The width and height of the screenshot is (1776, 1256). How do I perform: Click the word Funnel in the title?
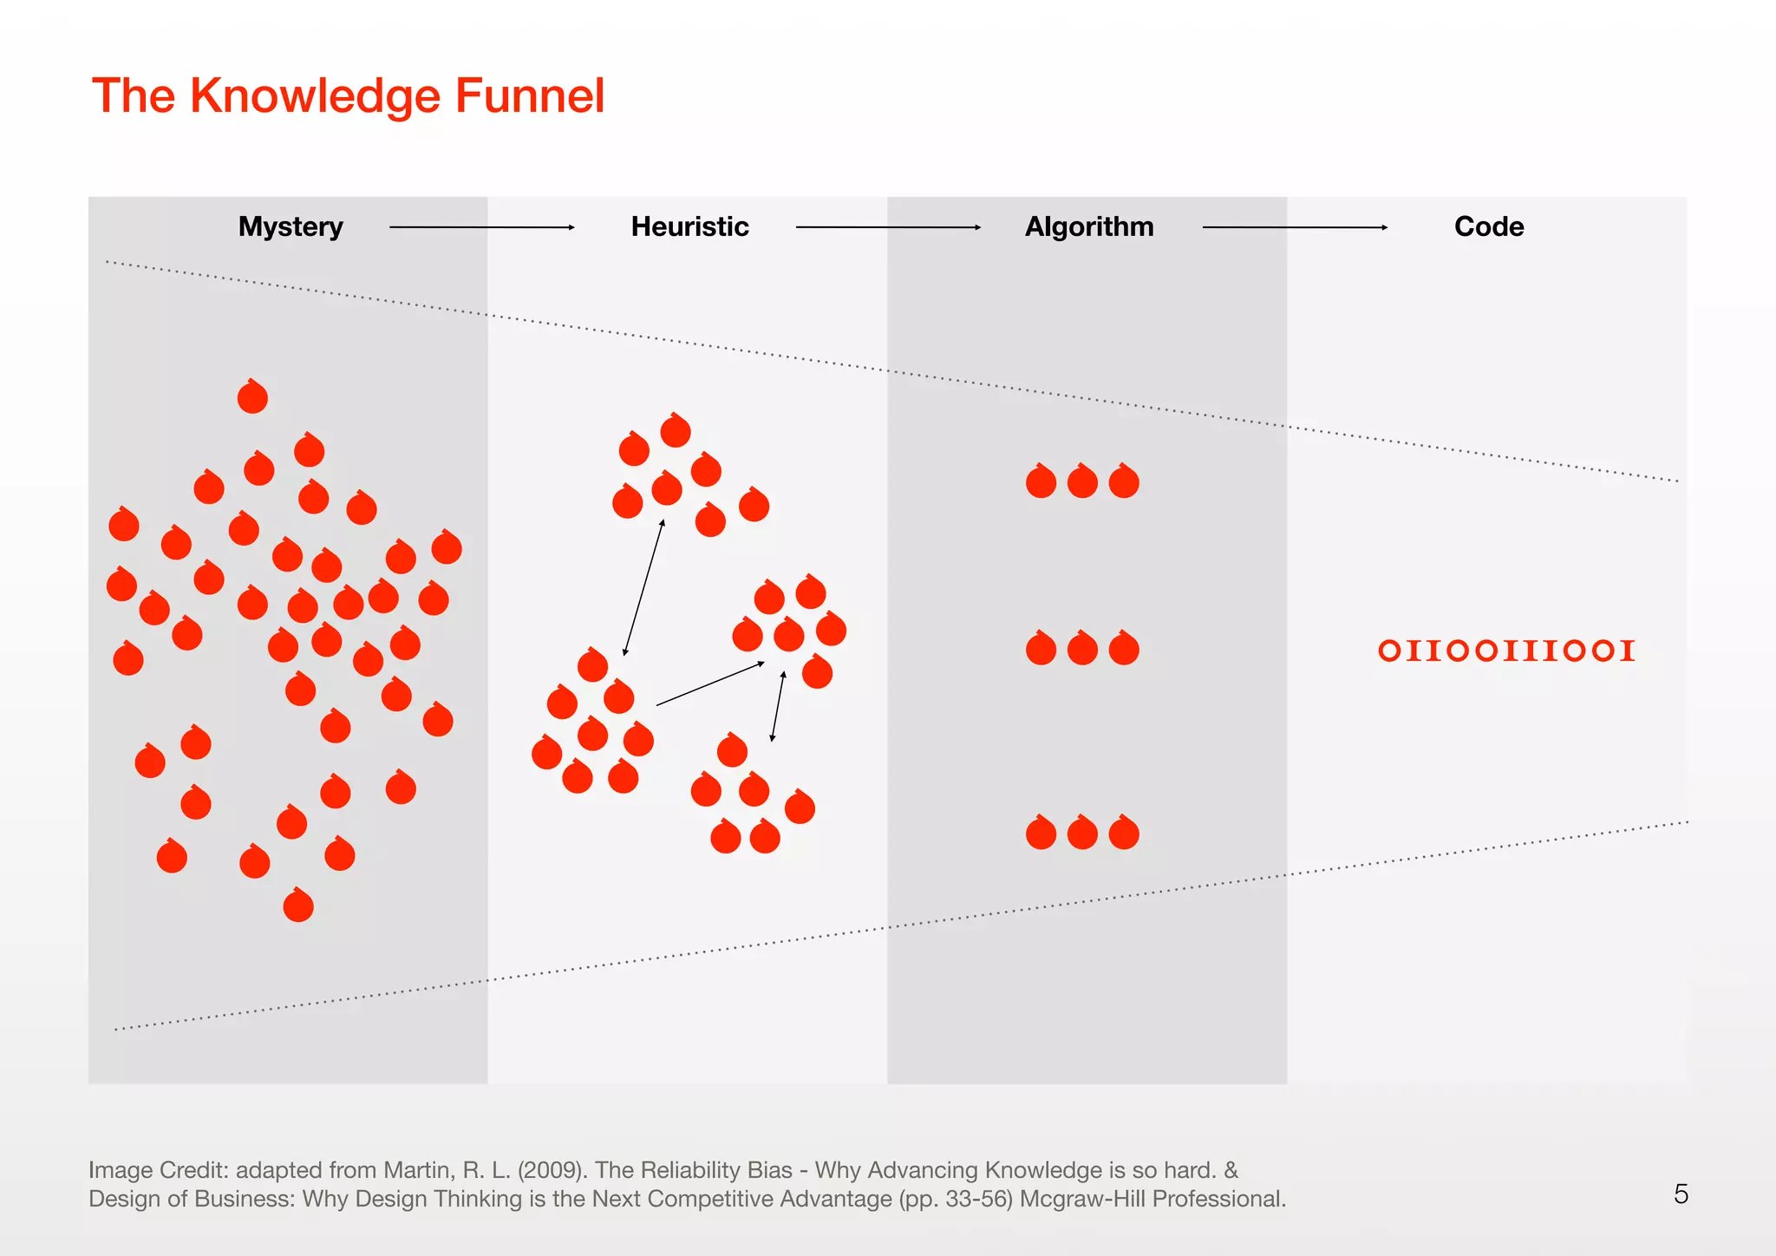529,95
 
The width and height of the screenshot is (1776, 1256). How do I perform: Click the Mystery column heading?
291,226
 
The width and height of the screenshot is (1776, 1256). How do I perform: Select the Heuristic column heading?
689,226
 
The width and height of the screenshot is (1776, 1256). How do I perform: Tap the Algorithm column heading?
1089,226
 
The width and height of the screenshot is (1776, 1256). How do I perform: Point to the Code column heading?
1489,226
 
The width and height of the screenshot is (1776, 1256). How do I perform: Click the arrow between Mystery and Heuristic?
481,227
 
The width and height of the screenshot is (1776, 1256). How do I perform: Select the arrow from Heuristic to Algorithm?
888,227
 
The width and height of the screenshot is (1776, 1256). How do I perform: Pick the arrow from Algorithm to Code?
1295,227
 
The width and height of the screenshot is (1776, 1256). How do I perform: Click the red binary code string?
1506,651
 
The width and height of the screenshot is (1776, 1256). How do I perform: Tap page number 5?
1681,1194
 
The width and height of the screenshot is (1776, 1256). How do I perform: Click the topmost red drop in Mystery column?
252,397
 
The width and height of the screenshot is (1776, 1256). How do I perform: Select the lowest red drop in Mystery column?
298,906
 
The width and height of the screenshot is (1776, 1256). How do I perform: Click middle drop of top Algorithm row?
1082,481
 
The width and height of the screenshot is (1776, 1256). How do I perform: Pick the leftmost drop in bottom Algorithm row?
1041,833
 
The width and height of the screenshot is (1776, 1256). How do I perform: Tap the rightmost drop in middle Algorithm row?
1124,649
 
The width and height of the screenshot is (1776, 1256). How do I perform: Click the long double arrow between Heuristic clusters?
643,587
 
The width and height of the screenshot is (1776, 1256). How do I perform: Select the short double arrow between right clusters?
778,706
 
